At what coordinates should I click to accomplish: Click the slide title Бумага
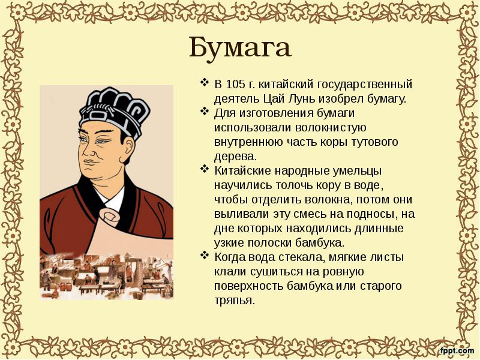pyautogui.click(x=240, y=47)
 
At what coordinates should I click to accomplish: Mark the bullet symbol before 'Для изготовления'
pyautogui.click(x=203, y=112)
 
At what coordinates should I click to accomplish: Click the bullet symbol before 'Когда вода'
pyautogui.click(x=203, y=257)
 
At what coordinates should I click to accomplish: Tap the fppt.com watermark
pyautogui.click(x=457, y=350)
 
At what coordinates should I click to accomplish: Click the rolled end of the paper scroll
pyautogui.click(x=112, y=215)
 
